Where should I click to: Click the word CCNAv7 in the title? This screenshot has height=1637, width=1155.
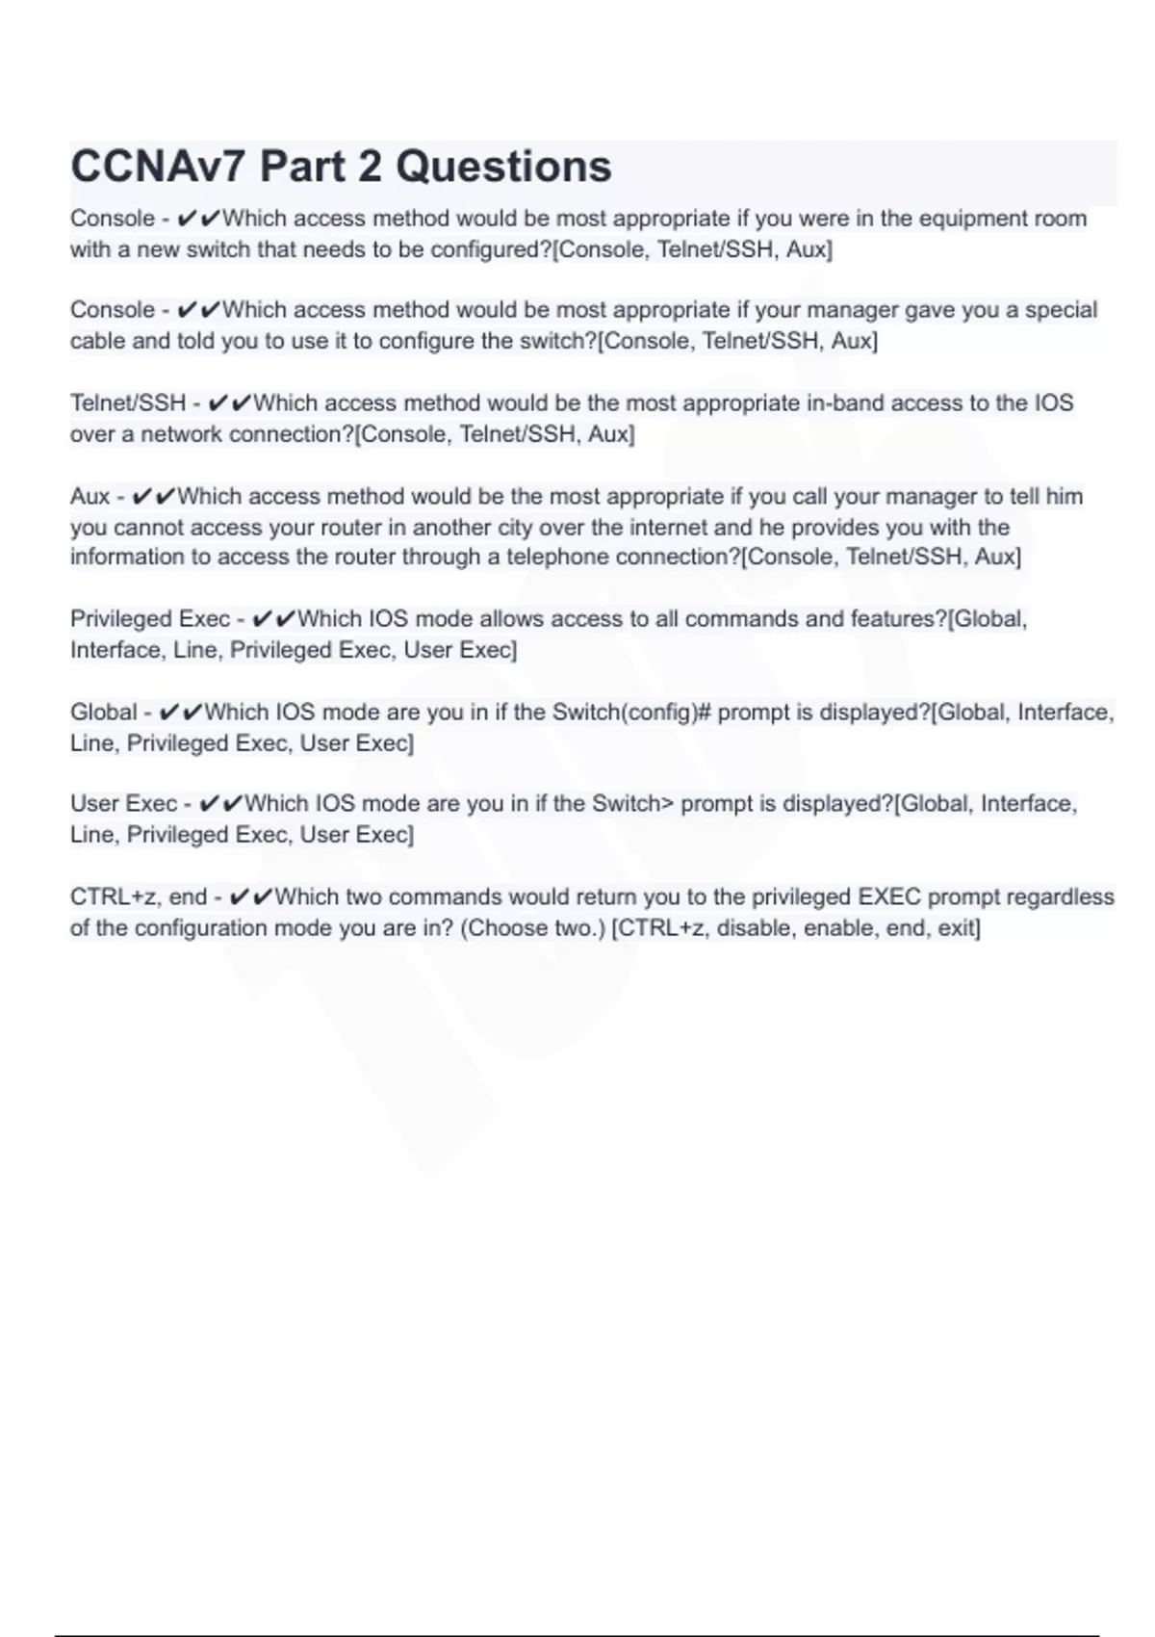[157, 167]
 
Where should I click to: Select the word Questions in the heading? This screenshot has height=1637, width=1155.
[503, 167]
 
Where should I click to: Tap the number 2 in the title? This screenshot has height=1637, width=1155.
[370, 167]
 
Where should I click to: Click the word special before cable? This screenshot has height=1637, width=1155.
[1061, 310]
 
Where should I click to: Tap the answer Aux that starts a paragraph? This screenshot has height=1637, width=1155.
[90, 497]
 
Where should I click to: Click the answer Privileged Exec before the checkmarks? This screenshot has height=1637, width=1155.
[150, 619]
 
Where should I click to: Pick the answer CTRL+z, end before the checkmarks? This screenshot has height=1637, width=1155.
[139, 897]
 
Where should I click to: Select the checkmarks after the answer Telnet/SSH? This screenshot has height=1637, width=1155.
[229, 403]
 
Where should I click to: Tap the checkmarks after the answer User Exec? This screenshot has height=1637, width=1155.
[220, 804]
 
